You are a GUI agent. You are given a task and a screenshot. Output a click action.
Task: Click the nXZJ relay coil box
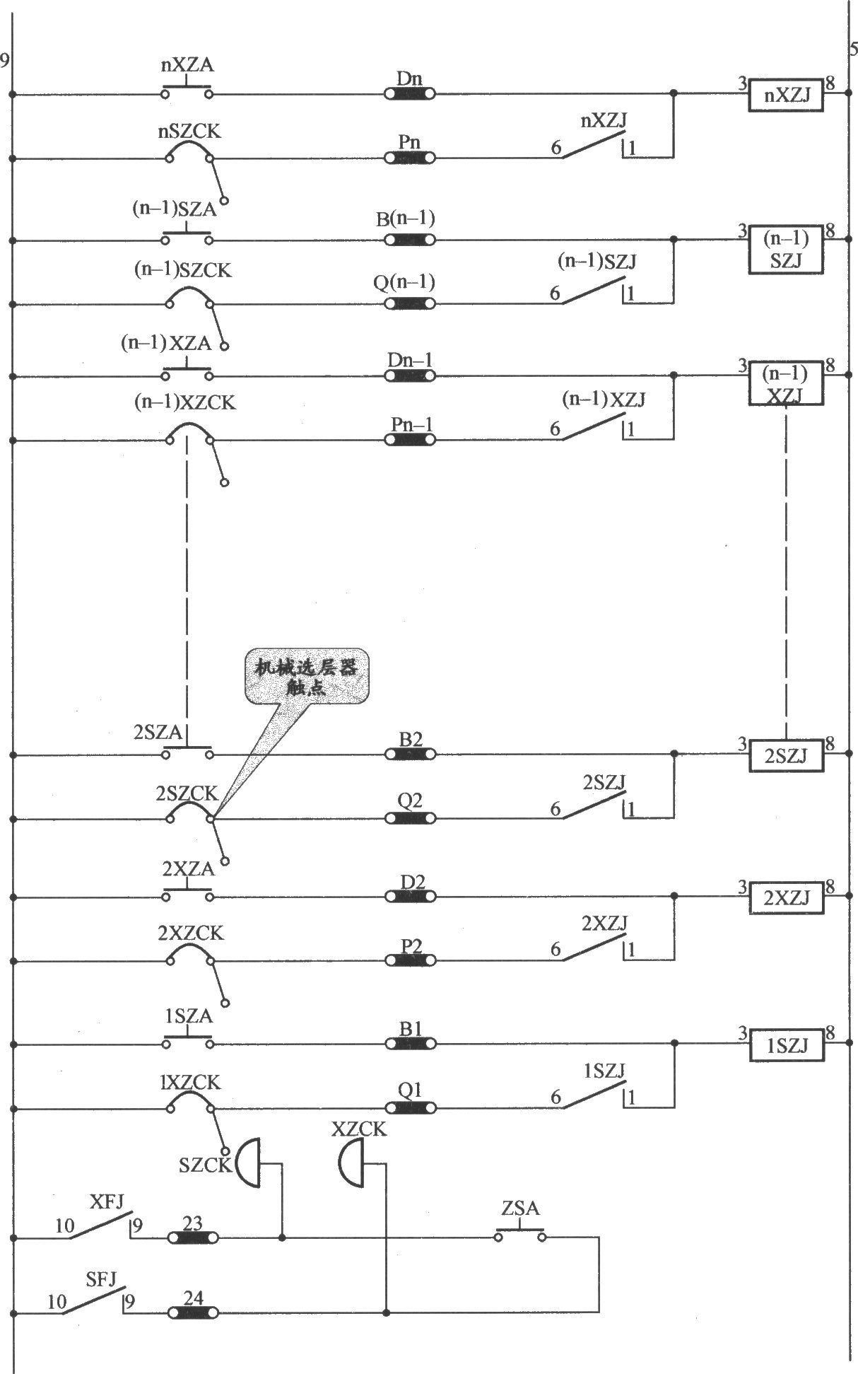(x=787, y=95)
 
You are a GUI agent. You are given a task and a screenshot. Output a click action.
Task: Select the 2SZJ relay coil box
(x=787, y=755)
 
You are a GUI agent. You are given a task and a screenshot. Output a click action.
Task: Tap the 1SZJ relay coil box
(x=787, y=1045)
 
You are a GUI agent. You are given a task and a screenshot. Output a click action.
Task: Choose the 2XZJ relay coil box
(x=787, y=898)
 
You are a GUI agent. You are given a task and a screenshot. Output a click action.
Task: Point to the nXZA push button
(x=187, y=91)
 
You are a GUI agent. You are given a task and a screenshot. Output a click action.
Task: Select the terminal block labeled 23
(x=193, y=1238)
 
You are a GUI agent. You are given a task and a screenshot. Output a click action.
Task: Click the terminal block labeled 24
(x=193, y=1313)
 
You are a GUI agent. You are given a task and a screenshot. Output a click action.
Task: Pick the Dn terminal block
(x=409, y=93)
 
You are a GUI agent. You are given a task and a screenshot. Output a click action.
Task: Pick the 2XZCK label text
(x=191, y=933)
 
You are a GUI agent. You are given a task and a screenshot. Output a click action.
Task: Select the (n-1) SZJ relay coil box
(x=787, y=249)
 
